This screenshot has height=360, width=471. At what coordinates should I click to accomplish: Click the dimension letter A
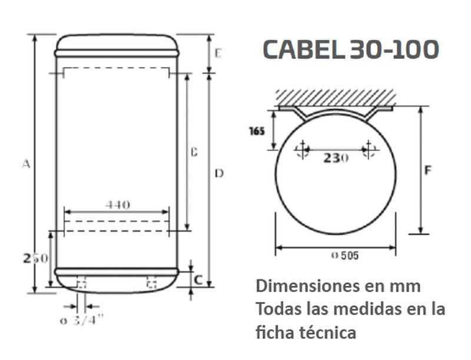(x=25, y=164)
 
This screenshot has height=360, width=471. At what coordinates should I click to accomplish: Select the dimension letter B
(x=193, y=152)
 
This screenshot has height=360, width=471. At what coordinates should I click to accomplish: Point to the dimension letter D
(x=219, y=173)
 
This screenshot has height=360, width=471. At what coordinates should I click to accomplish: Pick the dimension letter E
(x=217, y=54)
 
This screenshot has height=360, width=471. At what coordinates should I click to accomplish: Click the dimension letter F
(x=429, y=171)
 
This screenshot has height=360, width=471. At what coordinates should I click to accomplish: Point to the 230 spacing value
(x=336, y=158)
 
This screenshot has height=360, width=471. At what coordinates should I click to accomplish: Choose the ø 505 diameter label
(x=345, y=255)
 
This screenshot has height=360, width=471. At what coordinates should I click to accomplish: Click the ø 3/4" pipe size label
(x=83, y=320)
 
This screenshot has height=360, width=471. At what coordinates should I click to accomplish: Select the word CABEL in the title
(x=303, y=49)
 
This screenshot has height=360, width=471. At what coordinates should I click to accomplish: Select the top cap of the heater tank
(x=117, y=45)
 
